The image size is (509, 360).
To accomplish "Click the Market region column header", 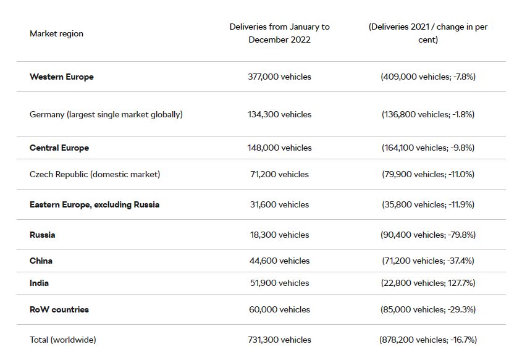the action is tap(56, 33).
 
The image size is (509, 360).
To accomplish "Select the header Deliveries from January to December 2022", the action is tap(279, 33).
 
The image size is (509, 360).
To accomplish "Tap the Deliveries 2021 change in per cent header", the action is tap(428, 33).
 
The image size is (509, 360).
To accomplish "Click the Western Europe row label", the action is tap(62, 77).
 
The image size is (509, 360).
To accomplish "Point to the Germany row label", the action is tap(106, 115).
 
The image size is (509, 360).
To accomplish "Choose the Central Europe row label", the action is tap(59, 148).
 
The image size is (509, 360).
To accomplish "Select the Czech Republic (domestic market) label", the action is tap(95, 174).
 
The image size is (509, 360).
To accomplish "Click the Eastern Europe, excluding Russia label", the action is tap(95, 204).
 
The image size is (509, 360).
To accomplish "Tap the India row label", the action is tap(39, 283).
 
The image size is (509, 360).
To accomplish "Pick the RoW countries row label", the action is tap(59, 310).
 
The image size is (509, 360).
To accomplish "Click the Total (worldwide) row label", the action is tap(62, 340).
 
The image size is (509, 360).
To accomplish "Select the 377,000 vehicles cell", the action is tap(279, 77).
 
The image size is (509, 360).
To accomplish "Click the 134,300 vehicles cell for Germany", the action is tap(279, 115).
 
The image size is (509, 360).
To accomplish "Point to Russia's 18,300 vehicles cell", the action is tap(279, 235).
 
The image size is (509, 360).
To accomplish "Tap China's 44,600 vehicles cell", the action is tap(279, 261).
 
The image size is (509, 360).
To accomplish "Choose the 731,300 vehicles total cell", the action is tap(279, 340).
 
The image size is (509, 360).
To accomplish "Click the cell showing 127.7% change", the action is tap(428, 283).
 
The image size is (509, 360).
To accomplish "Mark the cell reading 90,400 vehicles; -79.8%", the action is tap(428, 235).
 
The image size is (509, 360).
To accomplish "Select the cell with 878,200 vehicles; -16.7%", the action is tap(428, 340).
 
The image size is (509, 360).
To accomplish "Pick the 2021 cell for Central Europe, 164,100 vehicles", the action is tap(428, 148).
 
